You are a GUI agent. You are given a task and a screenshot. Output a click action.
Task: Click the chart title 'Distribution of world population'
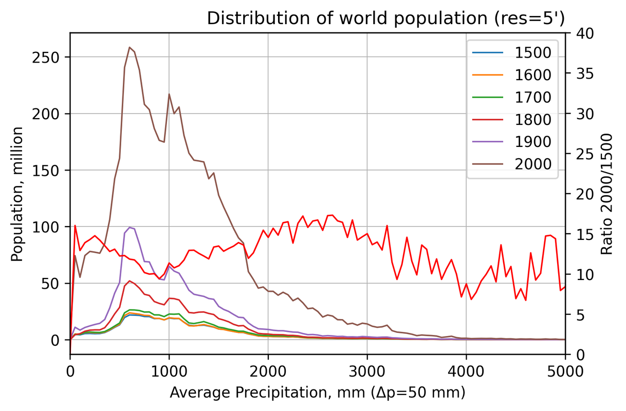[x=386, y=18]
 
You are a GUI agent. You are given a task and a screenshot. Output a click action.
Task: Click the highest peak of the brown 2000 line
[x=130, y=47]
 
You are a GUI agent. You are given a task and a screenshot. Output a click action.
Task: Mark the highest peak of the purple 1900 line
[x=130, y=227]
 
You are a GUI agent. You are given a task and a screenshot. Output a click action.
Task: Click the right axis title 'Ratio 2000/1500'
[x=607, y=194]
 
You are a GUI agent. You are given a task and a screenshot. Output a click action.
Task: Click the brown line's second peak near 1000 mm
[x=169, y=94]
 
